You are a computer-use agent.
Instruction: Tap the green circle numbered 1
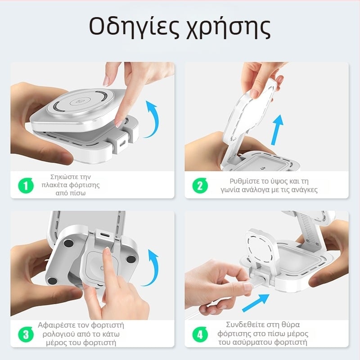(x=26, y=185)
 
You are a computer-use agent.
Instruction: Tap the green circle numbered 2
(x=200, y=185)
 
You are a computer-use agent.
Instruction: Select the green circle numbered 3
(x=26, y=334)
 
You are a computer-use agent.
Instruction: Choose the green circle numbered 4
(x=200, y=334)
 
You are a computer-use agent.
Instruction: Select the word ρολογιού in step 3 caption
(x=59, y=334)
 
